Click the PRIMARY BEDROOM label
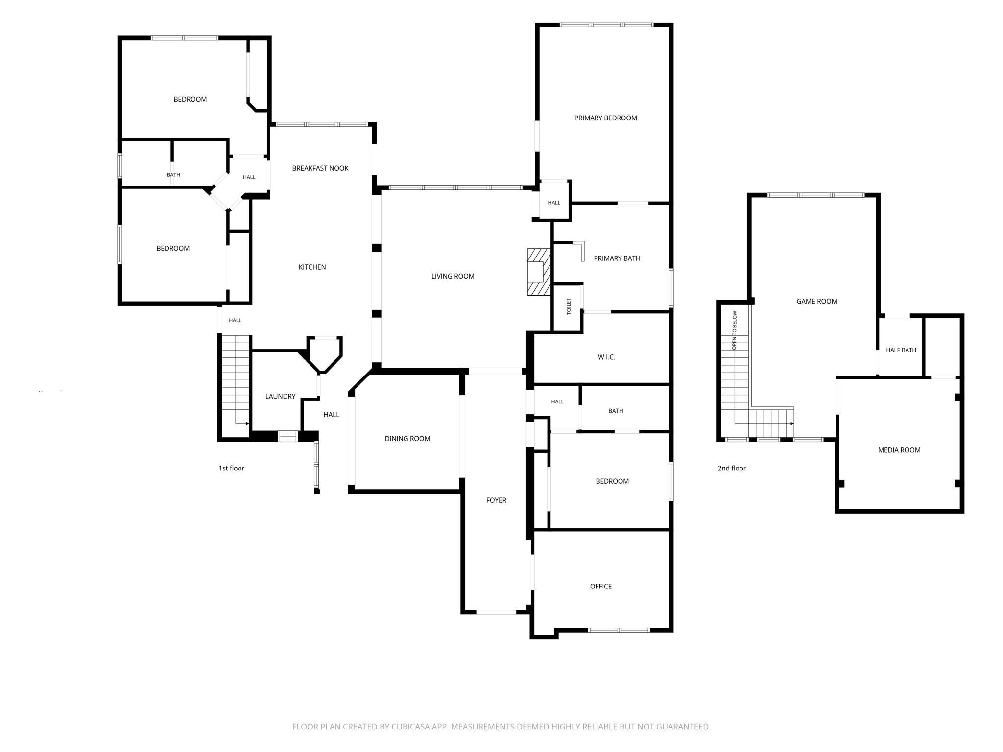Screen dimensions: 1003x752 [x=605, y=118]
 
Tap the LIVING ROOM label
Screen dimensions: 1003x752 [x=453, y=276]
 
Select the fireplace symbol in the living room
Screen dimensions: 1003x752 [x=539, y=272]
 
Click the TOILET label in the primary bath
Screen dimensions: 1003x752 [x=569, y=306]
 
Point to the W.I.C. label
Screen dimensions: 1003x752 [x=606, y=357]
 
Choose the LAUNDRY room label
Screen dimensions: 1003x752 [x=280, y=396]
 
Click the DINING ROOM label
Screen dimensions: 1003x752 [x=407, y=439]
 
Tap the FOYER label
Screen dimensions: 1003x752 [x=496, y=500]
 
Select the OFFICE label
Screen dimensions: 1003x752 [x=601, y=587]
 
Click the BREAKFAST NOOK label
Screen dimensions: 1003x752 [x=320, y=168]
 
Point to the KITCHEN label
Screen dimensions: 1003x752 [x=312, y=267]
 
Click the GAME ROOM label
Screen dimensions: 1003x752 [x=817, y=302]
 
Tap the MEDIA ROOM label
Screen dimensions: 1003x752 [x=899, y=450]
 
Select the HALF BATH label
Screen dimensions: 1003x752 [x=901, y=350]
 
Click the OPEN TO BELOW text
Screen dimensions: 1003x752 [x=734, y=330]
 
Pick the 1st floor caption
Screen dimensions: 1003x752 [x=231, y=469]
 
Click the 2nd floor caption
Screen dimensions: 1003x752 [x=732, y=469]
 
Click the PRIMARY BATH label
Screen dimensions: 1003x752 [x=617, y=258]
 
